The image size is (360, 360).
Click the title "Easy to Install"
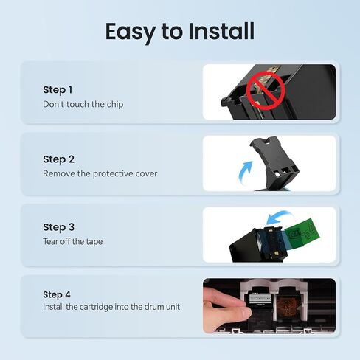point(180,32)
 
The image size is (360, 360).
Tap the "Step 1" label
point(58,90)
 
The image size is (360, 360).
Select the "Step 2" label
point(58,159)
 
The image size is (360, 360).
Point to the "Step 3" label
point(58,227)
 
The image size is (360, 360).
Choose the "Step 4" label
point(57,294)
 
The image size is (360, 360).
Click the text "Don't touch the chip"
point(83,104)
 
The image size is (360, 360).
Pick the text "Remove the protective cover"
point(100,173)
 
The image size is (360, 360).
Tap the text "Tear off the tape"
point(73,241)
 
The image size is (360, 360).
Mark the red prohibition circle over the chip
point(266,91)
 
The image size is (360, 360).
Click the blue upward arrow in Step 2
point(246,172)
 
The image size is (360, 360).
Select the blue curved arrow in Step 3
point(279,217)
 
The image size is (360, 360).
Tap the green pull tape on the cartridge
point(303,232)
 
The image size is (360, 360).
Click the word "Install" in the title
point(221,31)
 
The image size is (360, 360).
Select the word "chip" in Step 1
point(115,105)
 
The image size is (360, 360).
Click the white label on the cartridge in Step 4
point(260,298)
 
